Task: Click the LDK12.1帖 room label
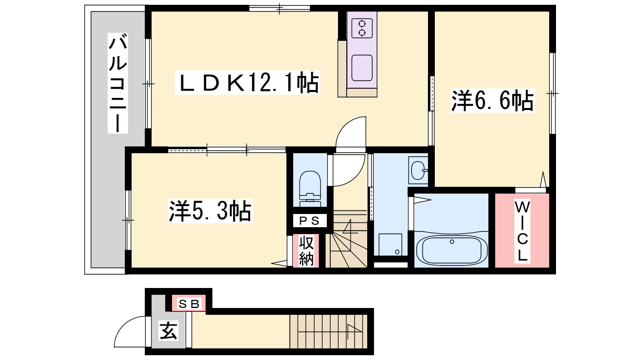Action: pyautogui.click(x=248, y=82)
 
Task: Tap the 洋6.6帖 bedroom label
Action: pyautogui.click(x=492, y=100)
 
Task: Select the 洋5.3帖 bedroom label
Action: pyautogui.click(x=210, y=211)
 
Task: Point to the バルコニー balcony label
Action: pyautogui.click(x=118, y=83)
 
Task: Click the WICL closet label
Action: pyautogui.click(x=522, y=231)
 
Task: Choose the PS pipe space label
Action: pyautogui.click(x=310, y=220)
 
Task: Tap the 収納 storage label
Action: pyautogui.click(x=306, y=251)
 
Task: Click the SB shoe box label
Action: pyautogui.click(x=188, y=304)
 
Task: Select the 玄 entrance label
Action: pyautogui.click(x=168, y=330)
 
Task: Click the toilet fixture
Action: pyautogui.click(x=310, y=188)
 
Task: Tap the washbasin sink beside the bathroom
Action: pyautogui.click(x=418, y=170)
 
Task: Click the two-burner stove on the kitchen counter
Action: pyautogui.click(x=362, y=28)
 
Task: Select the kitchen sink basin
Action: pyautogui.click(x=362, y=68)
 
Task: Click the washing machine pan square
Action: pyautogui.click(x=390, y=244)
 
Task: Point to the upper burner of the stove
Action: pyautogui.click(x=362, y=24)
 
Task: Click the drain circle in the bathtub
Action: pyautogui.click(x=452, y=242)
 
